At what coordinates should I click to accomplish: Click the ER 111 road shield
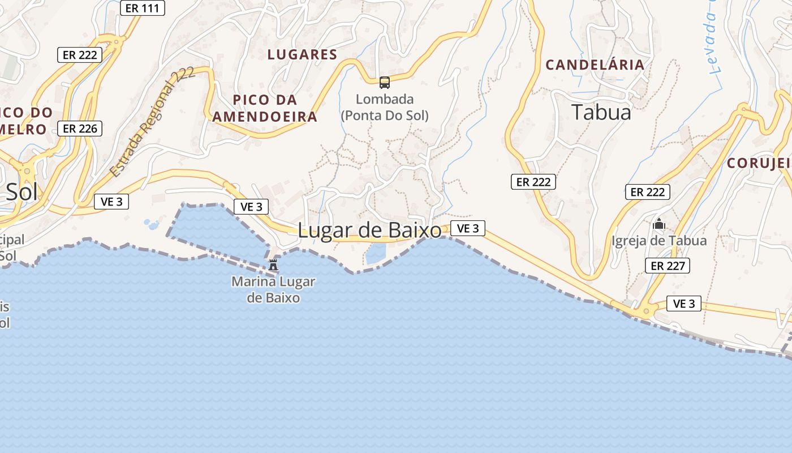143,8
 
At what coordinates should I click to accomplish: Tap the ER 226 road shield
80,129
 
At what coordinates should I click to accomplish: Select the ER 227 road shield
668,266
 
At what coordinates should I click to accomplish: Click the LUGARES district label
302,55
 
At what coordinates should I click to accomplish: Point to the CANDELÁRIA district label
595,65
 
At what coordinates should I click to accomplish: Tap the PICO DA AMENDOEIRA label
265,109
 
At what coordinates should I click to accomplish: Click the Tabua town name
601,112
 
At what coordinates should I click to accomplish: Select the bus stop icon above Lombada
385,83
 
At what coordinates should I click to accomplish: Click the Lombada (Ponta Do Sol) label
385,108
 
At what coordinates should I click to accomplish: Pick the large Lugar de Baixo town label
369,230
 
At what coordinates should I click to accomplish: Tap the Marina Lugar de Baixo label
273,289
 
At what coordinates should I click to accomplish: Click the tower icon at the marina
273,264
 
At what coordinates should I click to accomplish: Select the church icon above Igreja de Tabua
658,224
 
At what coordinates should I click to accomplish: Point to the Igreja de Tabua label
659,241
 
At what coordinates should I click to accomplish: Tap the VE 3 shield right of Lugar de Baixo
468,228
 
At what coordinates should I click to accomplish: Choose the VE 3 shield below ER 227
683,304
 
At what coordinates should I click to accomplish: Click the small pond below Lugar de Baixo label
375,253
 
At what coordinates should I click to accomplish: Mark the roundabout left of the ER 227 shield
644,310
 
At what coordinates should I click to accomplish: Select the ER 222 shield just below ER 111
80,55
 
